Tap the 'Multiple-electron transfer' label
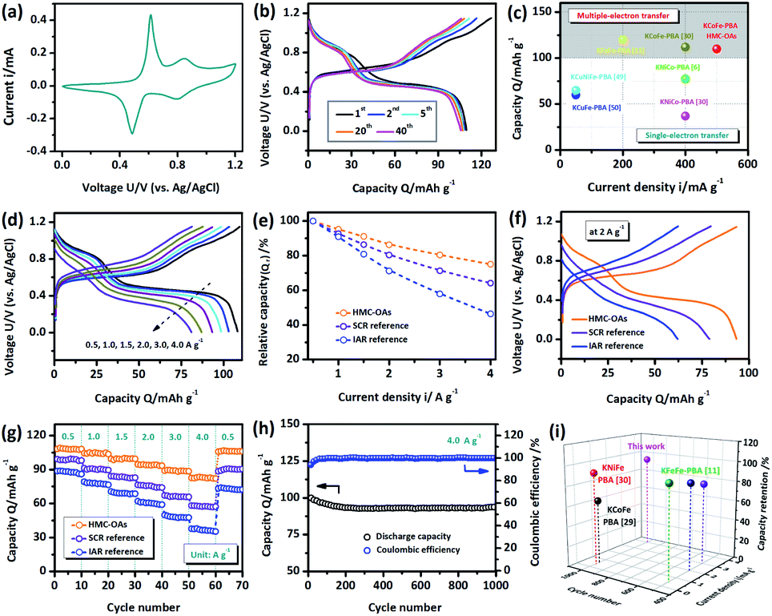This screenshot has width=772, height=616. [x=620, y=15]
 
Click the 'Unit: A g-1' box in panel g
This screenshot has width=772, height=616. [x=212, y=552]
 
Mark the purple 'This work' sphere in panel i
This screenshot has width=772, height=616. [x=647, y=460]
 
